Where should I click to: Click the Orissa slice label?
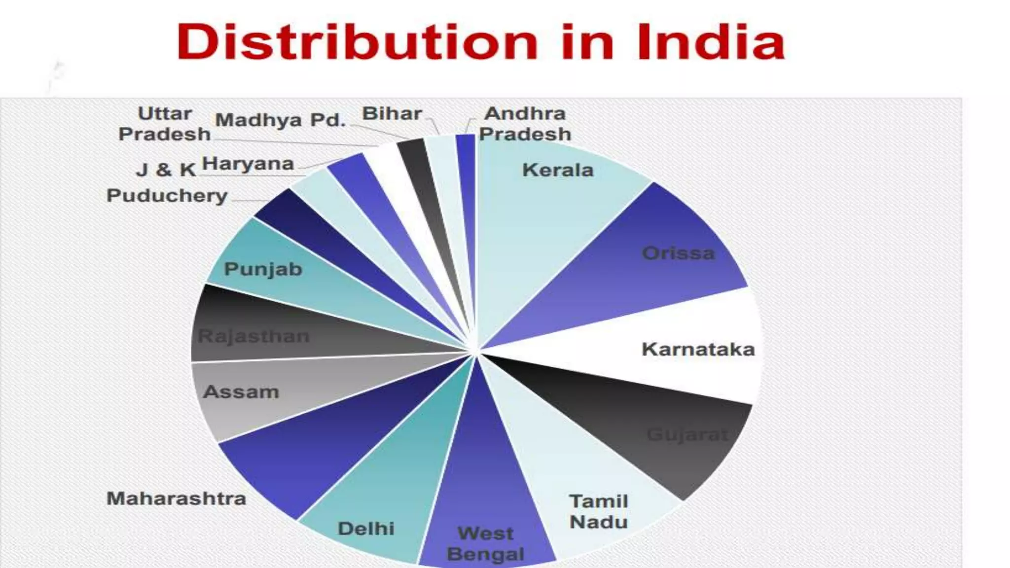click(678, 253)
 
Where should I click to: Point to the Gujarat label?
click(687, 435)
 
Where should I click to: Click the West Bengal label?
click(485, 544)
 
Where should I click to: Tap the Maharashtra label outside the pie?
click(176, 498)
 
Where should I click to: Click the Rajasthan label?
click(253, 336)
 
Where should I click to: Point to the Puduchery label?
click(167, 196)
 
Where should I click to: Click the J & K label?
click(166, 170)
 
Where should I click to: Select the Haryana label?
click(248, 164)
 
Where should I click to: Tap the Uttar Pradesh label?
click(165, 124)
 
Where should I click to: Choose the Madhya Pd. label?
click(280, 120)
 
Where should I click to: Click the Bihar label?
click(392, 114)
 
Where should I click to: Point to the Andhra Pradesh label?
click(525, 124)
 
